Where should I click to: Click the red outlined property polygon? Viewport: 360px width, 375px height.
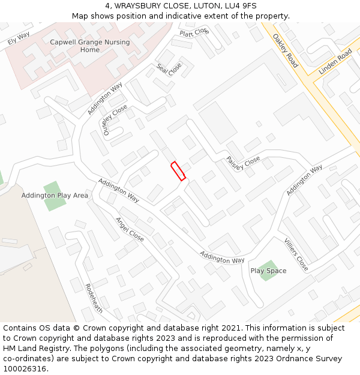coord(178,171)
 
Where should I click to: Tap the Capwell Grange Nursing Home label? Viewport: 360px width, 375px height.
coord(90,46)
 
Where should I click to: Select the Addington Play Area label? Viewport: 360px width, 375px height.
coord(55,196)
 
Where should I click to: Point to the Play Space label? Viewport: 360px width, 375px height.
coord(268,271)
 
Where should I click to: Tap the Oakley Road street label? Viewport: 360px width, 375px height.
coord(285,50)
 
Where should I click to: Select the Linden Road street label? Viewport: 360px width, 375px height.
coord(335,62)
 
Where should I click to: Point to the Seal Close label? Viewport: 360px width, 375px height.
coord(169,70)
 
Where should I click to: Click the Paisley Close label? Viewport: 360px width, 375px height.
coord(243,163)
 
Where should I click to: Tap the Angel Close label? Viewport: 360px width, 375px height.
coord(129,229)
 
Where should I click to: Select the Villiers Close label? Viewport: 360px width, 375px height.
coord(296,254)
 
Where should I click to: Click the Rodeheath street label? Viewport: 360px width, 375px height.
coord(94,298)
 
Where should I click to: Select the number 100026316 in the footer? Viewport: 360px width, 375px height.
coord(25,369)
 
